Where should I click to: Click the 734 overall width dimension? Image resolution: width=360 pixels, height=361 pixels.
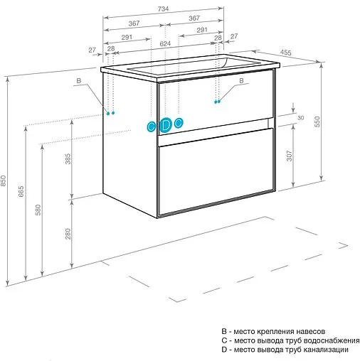(163, 9)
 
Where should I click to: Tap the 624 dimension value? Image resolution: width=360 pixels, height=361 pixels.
(165, 43)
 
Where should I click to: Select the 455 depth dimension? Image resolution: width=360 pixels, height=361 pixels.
(286, 53)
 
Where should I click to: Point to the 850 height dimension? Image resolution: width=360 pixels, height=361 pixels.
(3, 180)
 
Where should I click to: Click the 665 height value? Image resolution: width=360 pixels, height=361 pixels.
(21, 191)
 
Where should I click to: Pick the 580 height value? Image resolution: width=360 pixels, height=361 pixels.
(38, 210)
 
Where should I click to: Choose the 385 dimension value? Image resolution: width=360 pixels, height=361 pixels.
(68, 158)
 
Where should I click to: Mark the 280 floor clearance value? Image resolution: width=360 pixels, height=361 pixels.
(68, 234)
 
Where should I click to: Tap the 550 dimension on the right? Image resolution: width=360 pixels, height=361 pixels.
(317, 122)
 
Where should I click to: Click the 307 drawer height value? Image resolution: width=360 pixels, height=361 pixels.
(289, 156)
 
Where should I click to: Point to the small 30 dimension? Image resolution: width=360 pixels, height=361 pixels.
(300, 118)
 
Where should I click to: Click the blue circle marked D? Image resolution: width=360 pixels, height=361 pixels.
(165, 125)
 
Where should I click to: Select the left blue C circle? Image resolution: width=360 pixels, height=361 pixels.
(151, 126)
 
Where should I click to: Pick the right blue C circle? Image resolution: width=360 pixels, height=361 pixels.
(179, 123)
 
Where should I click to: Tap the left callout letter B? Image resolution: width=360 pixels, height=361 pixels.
(79, 81)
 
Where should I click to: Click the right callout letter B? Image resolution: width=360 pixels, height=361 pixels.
(241, 80)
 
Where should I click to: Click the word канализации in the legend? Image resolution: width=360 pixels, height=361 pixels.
(326, 350)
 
